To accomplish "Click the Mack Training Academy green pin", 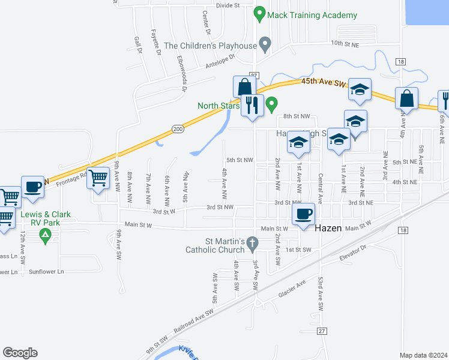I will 259,13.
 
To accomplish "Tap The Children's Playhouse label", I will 210,45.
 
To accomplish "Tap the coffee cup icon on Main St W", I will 304,213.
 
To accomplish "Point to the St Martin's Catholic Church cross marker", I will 253,244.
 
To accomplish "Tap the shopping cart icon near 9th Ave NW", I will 98,177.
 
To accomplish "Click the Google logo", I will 20,353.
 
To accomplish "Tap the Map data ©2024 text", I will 423,355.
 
